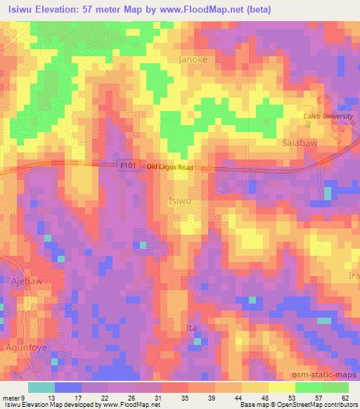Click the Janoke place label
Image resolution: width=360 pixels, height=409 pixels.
click(x=193, y=60)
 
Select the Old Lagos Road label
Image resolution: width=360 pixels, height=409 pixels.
click(x=170, y=167)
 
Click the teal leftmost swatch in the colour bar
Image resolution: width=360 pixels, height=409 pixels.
click(x=41, y=387)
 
